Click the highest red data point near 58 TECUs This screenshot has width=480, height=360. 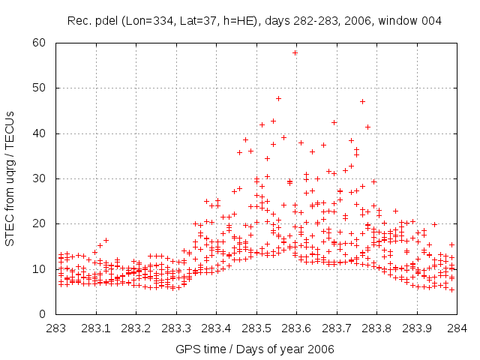click(295, 52)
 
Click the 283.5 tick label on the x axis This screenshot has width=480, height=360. click(256, 328)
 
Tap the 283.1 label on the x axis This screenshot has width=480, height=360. click(96, 328)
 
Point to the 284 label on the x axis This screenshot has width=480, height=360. click(457, 328)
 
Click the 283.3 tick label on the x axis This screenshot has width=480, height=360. click(176, 328)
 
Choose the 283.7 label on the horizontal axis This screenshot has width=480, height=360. click(337, 328)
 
